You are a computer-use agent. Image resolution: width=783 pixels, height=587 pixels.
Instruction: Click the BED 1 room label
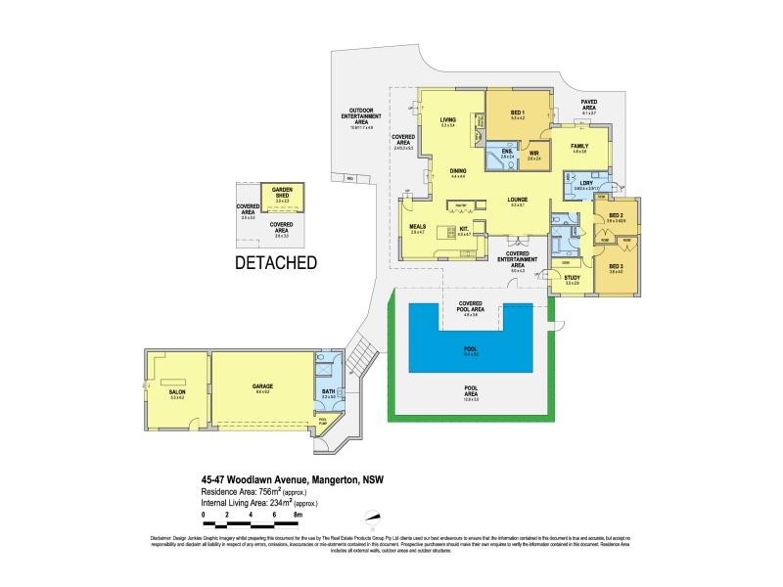tap(518, 113)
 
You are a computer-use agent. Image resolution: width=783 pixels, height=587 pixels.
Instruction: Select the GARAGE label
tap(262, 386)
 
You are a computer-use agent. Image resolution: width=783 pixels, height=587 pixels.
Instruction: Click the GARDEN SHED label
tap(283, 191)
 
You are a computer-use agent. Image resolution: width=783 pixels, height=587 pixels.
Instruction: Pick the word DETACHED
tap(275, 263)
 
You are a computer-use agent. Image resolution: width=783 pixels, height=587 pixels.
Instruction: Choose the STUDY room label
tap(573, 279)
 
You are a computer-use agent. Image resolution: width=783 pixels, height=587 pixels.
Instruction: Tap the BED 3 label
tap(616, 266)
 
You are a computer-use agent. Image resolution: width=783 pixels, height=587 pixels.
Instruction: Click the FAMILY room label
tap(579, 146)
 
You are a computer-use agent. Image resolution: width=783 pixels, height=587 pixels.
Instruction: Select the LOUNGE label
tap(518, 201)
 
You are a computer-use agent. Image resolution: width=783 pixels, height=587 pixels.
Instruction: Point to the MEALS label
tap(417, 227)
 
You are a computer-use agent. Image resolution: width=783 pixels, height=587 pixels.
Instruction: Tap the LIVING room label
tap(448, 120)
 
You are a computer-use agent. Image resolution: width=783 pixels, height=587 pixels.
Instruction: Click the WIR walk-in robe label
tap(534, 153)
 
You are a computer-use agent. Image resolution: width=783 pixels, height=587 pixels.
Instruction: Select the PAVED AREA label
tap(589, 103)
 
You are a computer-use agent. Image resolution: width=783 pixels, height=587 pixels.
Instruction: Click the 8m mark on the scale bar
tap(298, 513)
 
